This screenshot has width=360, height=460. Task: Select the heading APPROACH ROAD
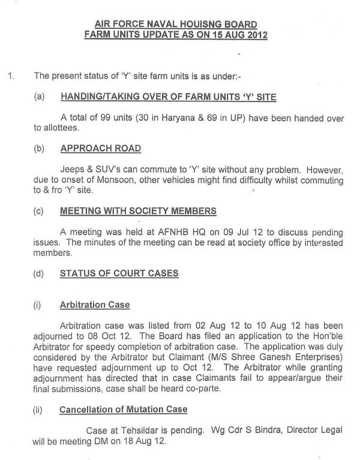101,148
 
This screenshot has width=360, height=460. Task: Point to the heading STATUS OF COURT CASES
119,273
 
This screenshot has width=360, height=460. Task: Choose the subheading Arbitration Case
94,304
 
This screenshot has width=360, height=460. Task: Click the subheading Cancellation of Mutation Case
123,409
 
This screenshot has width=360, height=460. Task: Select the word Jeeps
73,170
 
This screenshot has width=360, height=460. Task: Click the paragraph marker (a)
40,97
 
